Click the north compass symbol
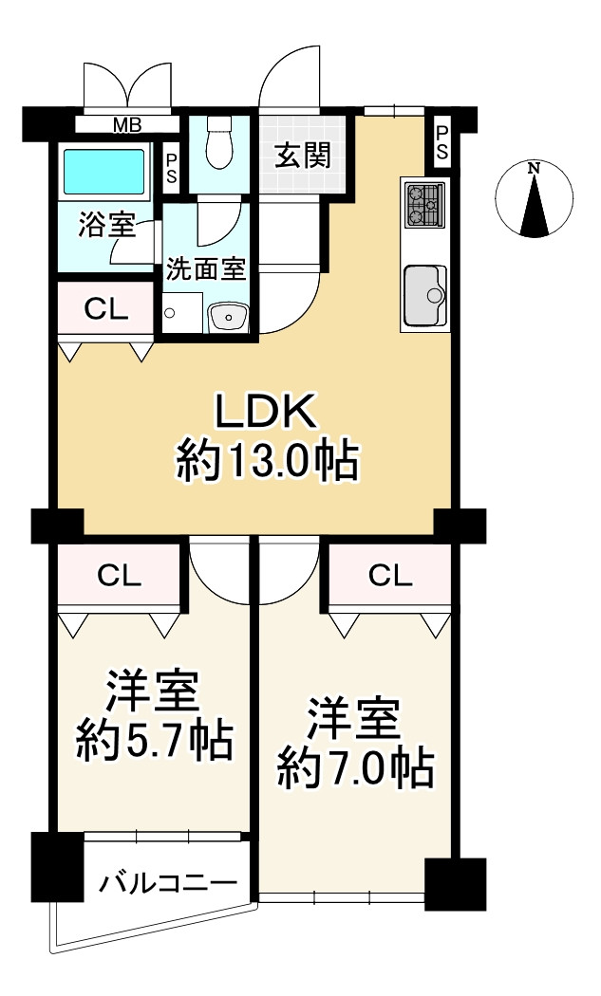(x=535, y=199)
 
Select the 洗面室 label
(x=206, y=268)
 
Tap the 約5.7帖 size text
(x=154, y=741)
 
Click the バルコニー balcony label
(x=168, y=885)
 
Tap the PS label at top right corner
(x=442, y=144)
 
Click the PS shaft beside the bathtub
(x=172, y=170)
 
